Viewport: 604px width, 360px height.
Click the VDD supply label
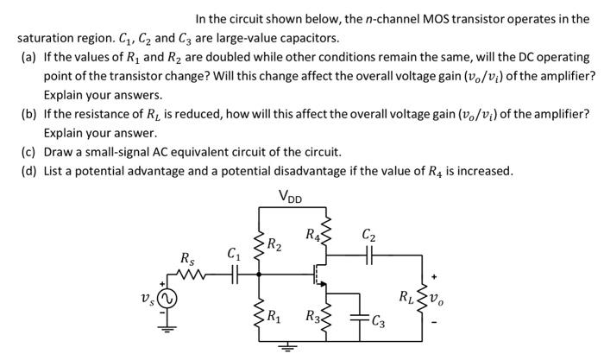(x=291, y=194)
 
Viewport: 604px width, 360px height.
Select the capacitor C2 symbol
(x=368, y=255)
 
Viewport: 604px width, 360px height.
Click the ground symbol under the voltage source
(x=164, y=329)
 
